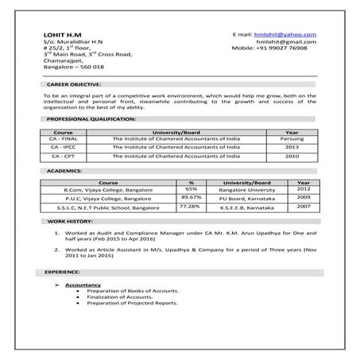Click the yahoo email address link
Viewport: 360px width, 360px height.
(x=285, y=35)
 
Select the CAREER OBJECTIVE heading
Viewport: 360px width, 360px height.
(x=73, y=83)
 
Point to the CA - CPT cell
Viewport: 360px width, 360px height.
(x=63, y=157)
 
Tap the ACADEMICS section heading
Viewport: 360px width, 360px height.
(x=63, y=171)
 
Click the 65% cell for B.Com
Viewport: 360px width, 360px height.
(x=192, y=189)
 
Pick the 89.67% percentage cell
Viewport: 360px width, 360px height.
(x=191, y=197)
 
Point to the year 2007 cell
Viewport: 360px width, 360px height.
(x=304, y=206)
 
